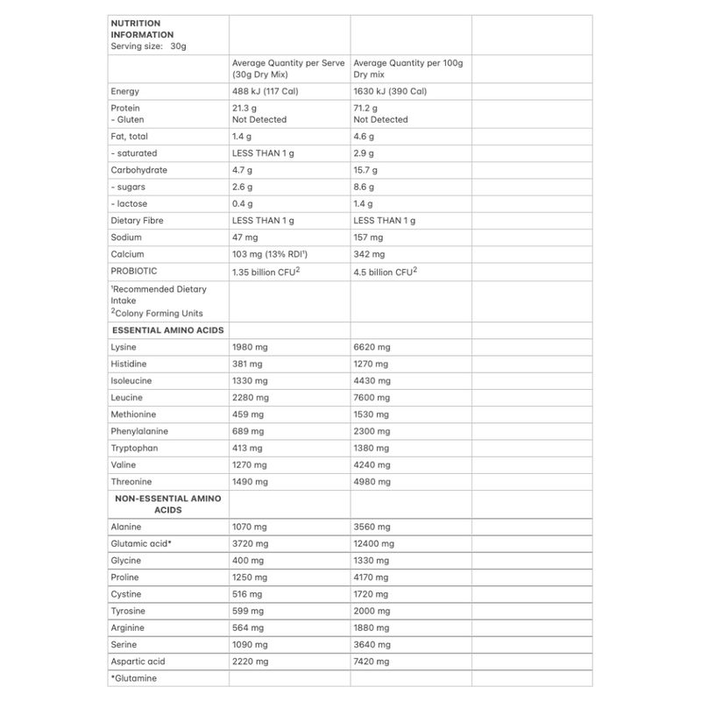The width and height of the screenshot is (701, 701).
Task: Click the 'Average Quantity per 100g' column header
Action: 407,63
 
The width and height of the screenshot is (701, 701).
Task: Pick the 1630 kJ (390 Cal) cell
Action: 390,91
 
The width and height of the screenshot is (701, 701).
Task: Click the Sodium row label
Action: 126,237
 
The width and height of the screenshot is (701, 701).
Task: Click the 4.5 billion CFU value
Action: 385,271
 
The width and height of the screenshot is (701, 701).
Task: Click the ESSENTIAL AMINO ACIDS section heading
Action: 167,330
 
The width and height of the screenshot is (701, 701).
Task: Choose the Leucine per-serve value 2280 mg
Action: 249,398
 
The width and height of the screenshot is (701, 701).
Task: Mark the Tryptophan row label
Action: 132,448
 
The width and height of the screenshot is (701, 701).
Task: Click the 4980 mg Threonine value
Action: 372,482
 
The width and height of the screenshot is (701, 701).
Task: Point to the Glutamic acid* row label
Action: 140,544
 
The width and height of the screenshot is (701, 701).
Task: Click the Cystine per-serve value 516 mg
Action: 246,594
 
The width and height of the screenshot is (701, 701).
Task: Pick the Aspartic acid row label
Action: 138,662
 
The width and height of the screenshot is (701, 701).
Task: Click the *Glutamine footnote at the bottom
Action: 134,678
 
